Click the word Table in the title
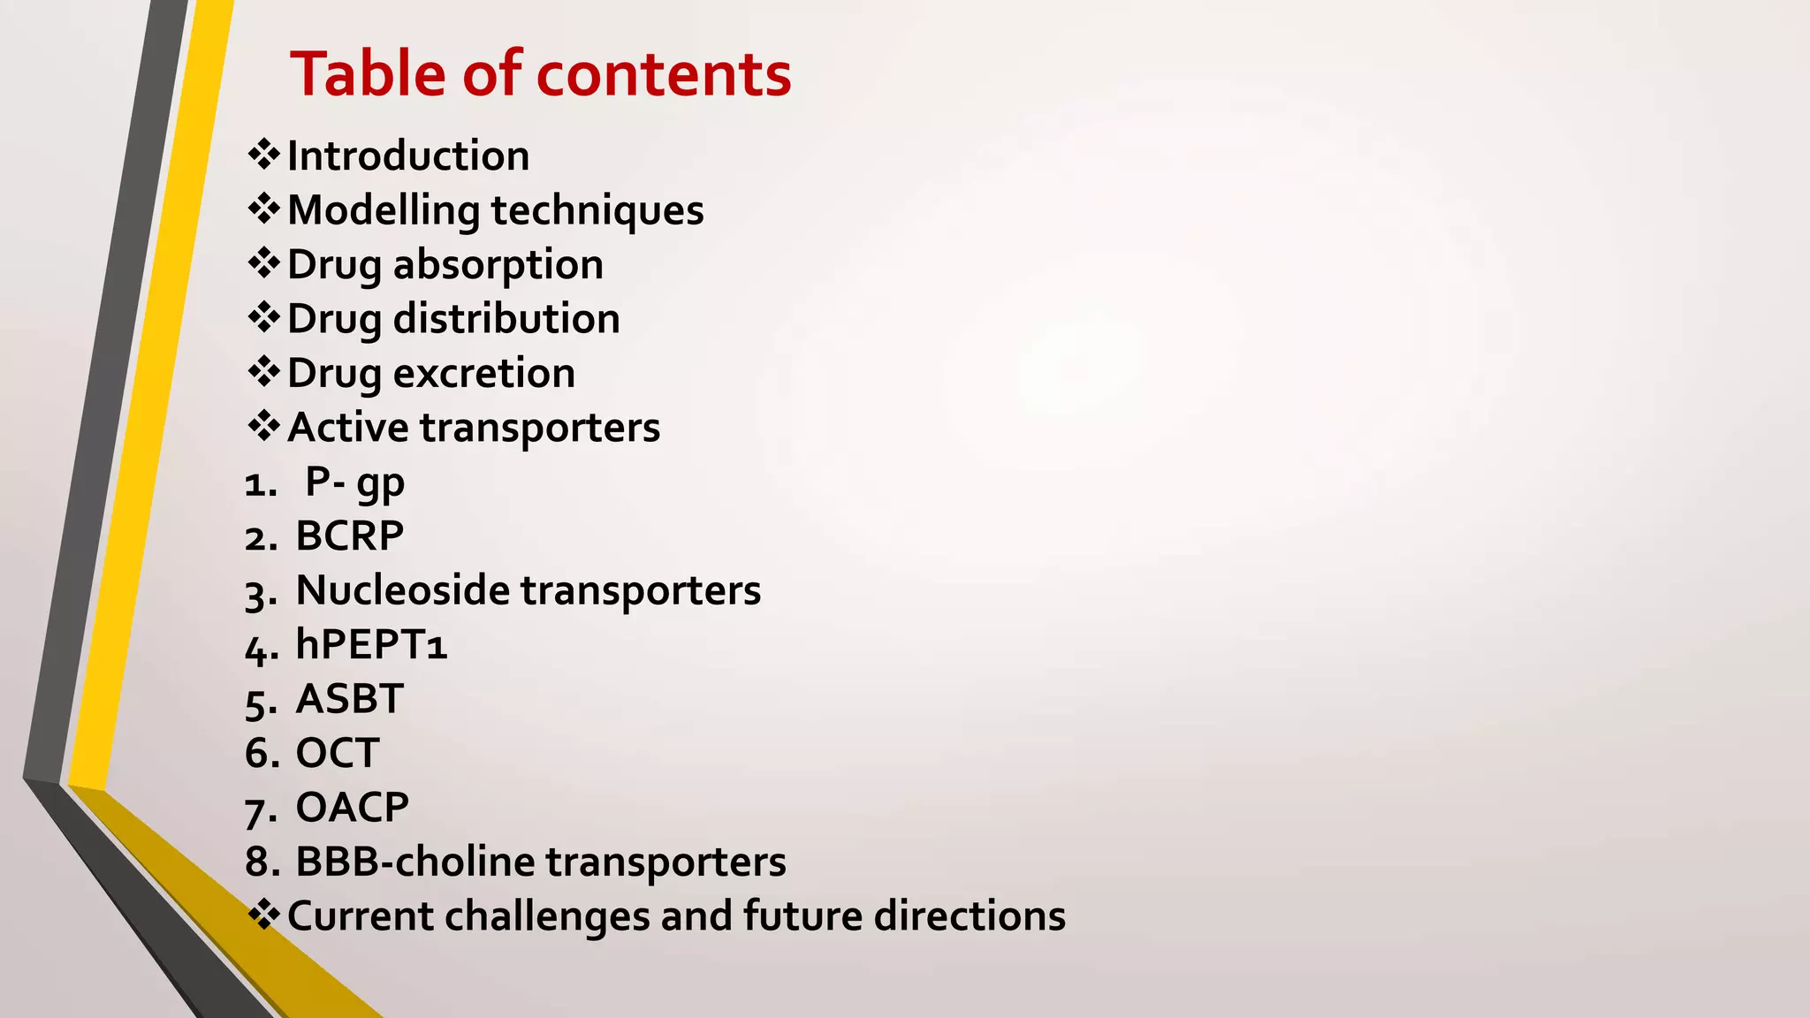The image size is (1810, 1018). (x=369, y=74)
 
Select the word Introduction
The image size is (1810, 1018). (x=408, y=156)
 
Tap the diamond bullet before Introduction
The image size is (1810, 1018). (x=263, y=155)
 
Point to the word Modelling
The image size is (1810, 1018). (x=383, y=211)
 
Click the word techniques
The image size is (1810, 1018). (x=597, y=211)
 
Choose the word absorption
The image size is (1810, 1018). (x=498, y=265)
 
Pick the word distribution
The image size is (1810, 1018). (x=506, y=319)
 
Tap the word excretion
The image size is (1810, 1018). (x=484, y=374)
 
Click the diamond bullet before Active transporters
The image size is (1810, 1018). (x=263, y=426)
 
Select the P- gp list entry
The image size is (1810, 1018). (x=354, y=482)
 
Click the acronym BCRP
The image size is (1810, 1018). (x=349, y=536)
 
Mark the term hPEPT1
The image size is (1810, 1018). (x=371, y=644)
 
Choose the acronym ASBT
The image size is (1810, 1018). (x=349, y=699)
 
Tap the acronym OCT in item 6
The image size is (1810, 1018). (x=338, y=754)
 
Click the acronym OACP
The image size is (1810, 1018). (x=352, y=808)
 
